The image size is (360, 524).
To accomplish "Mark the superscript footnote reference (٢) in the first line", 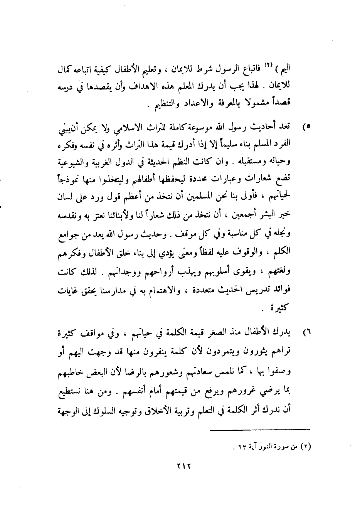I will click(x=280, y=67).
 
